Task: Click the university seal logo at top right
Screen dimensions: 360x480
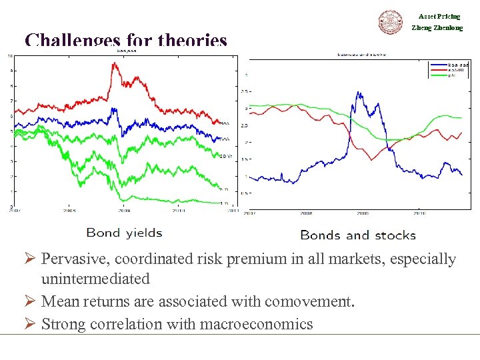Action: click(x=391, y=22)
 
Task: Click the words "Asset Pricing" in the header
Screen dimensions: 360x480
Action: click(x=439, y=16)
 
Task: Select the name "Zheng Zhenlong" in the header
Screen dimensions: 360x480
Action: click(x=437, y=28)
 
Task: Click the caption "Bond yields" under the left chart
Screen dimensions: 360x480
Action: click(x=124, y=233)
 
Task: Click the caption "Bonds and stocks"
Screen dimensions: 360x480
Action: click(x=358, y=235)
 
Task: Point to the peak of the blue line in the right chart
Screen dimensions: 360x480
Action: click(x=359, y=93)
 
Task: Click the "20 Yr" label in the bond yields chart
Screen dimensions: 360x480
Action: click(x=225, y=157)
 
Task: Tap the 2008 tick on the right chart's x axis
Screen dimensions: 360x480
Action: click(x=306, y=213)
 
